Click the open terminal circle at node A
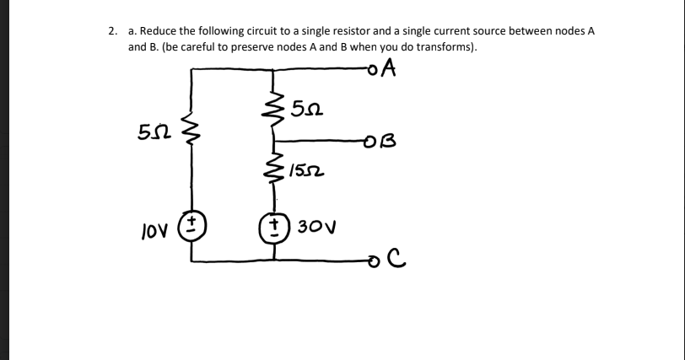tap(371, 70)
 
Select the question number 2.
tap(112, 30)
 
